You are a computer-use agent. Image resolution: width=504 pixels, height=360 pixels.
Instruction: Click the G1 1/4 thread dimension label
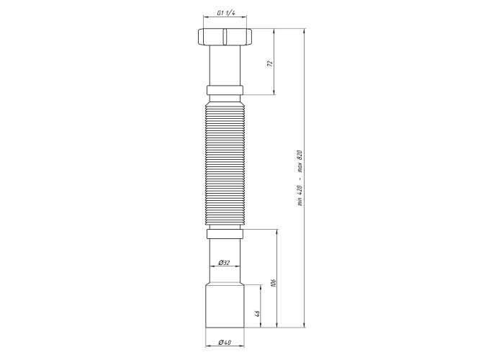pyautogui.click(x=225, y=13)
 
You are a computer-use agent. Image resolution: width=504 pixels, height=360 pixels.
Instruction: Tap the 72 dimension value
pyautogui.click(x=270, y=63)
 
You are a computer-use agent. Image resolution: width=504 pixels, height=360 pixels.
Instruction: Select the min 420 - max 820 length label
pyautogui.click(x=300, y=178)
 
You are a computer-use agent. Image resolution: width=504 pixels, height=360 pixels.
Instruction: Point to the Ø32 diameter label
pyautogui.click(x=224, y=263)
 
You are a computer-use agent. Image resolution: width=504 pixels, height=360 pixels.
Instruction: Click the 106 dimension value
pyautogui.click(x=274, y=283)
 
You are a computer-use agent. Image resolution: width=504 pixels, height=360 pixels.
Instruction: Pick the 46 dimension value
pyautogui.click(x=257, y=313)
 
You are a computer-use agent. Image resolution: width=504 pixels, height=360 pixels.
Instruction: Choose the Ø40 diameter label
pyautogui.click(x=225, y=342)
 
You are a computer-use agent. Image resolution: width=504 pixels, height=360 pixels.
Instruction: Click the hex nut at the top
pyautogui.click(x=225, y=37)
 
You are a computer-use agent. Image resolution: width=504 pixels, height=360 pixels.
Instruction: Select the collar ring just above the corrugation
pyautogui.click(x=225, y=90)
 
